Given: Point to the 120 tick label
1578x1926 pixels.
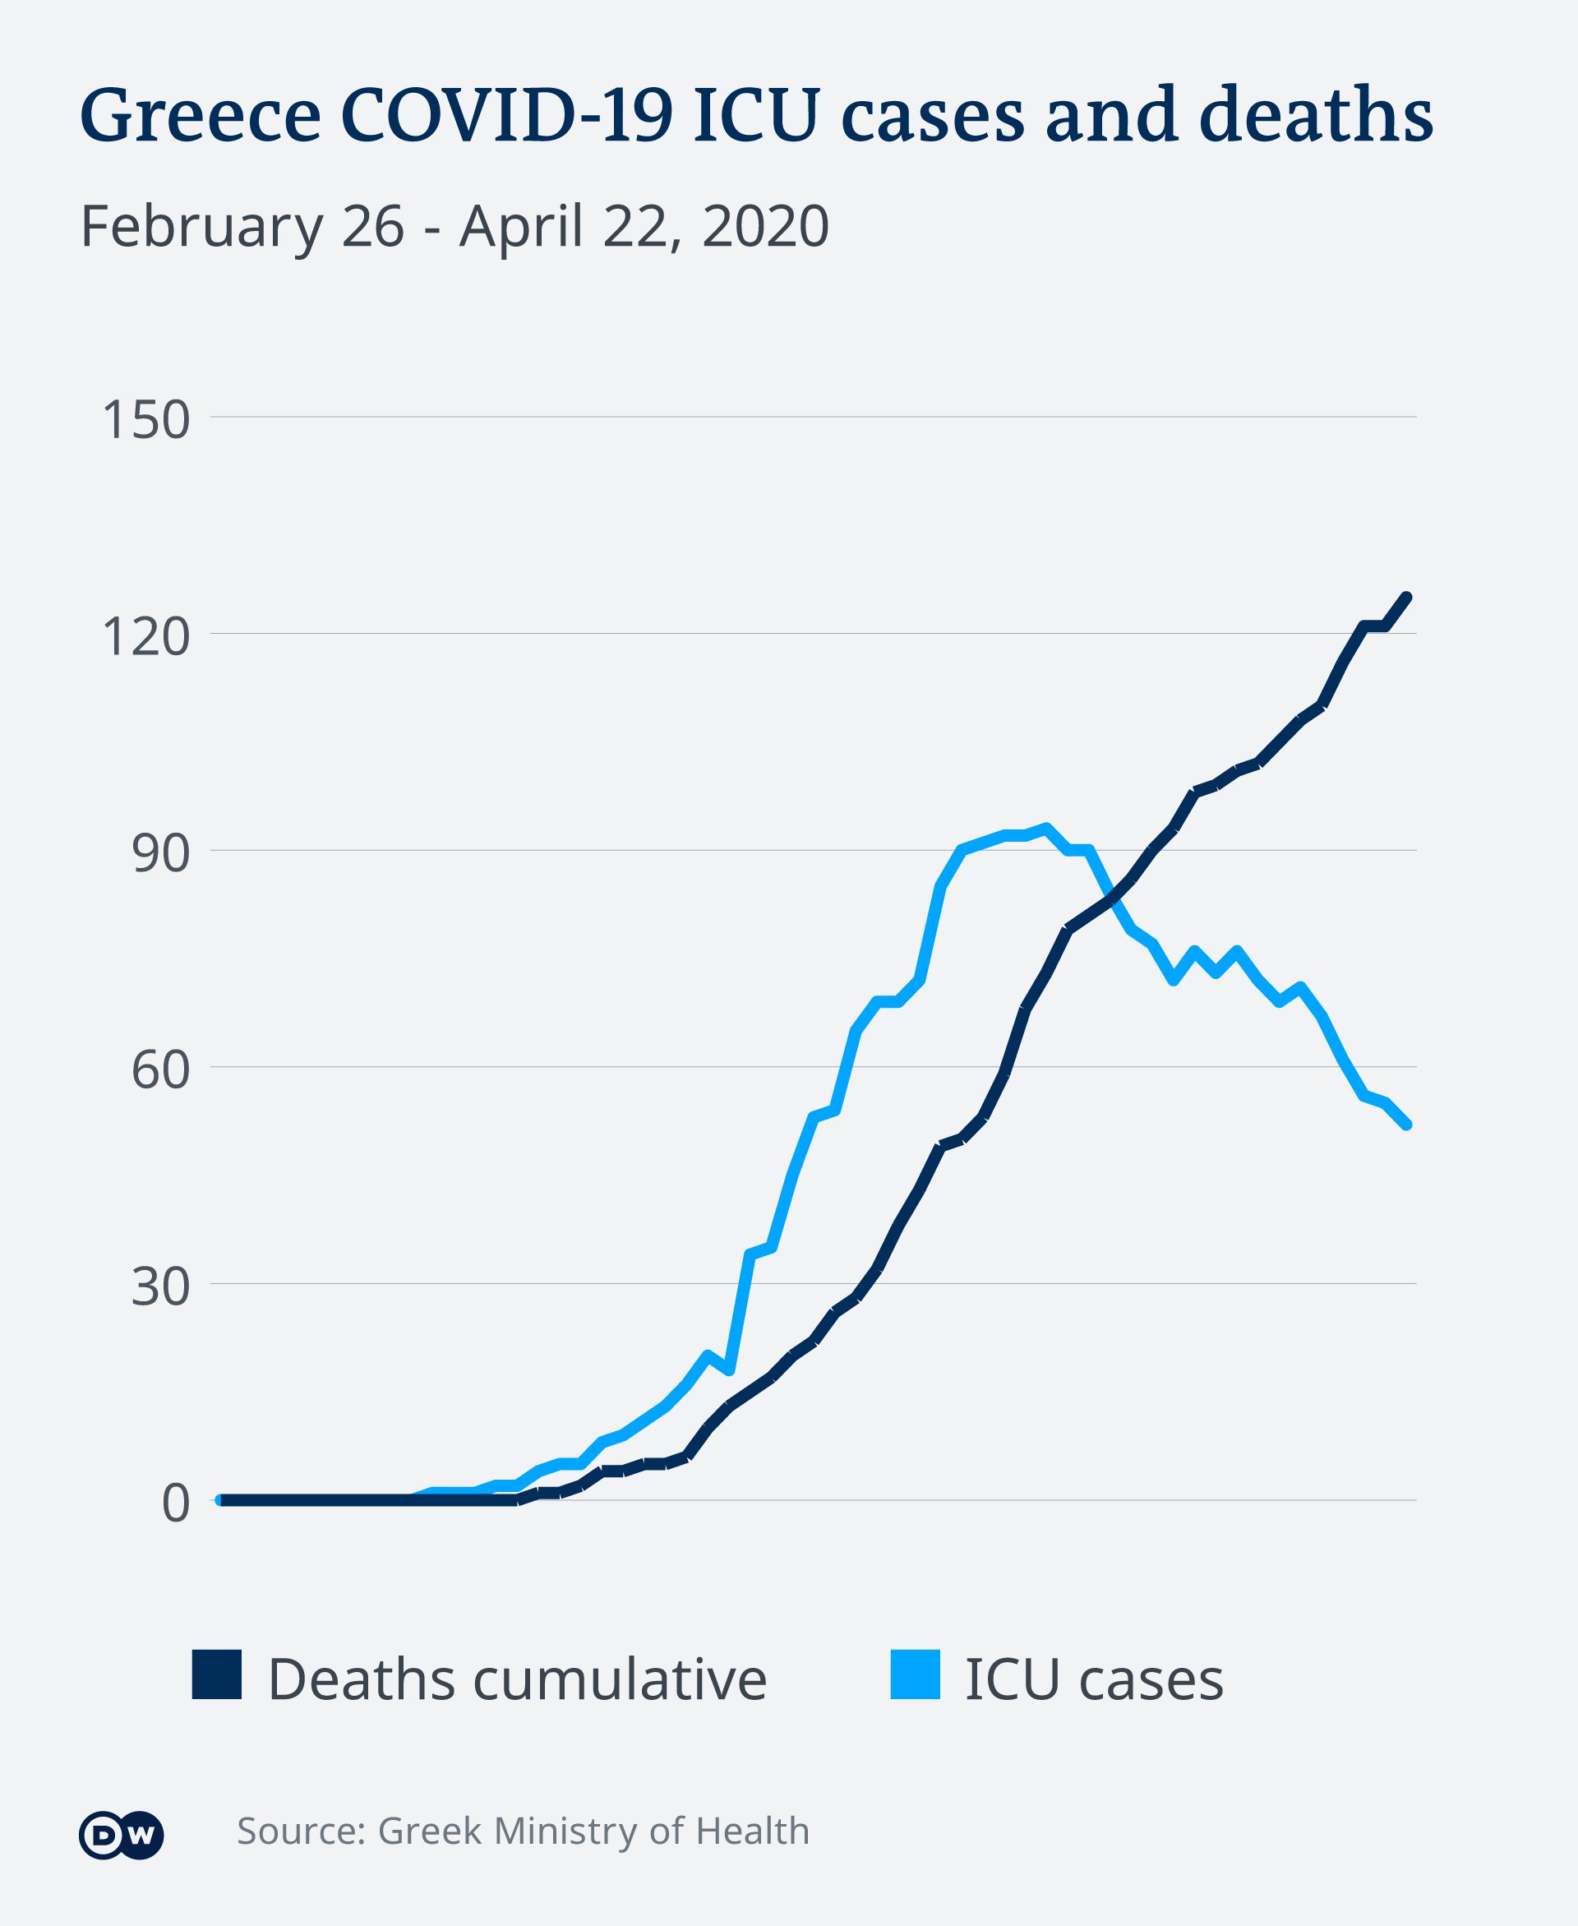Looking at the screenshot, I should [x=145, y=636].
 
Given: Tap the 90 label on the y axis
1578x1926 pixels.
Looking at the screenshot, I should [x=160, y=852].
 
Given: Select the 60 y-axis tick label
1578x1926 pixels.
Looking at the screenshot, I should [x=160, y=1069].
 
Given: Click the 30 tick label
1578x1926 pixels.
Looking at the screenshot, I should [x=160, y=1286].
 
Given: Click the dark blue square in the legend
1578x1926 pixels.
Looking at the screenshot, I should [x=216, y=1674].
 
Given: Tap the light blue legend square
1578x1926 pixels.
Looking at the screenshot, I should [x=915, y=1674].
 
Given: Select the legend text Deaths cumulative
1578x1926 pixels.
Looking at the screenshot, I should [x=517, y=1679].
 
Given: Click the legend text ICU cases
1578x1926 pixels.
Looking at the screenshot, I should [x=1094, y=1679].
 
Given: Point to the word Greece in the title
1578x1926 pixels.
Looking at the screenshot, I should [x=200, y=115].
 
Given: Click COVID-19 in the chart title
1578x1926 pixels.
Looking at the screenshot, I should [x=506, y=115].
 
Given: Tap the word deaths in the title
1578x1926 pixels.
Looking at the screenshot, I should [x=1315, y=115].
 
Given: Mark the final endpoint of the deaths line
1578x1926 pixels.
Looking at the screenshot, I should [x=1407, y=596].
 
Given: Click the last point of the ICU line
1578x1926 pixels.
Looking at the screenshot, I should [x=1407, y=1125].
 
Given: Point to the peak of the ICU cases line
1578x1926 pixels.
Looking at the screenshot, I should [x=1047, y=827].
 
